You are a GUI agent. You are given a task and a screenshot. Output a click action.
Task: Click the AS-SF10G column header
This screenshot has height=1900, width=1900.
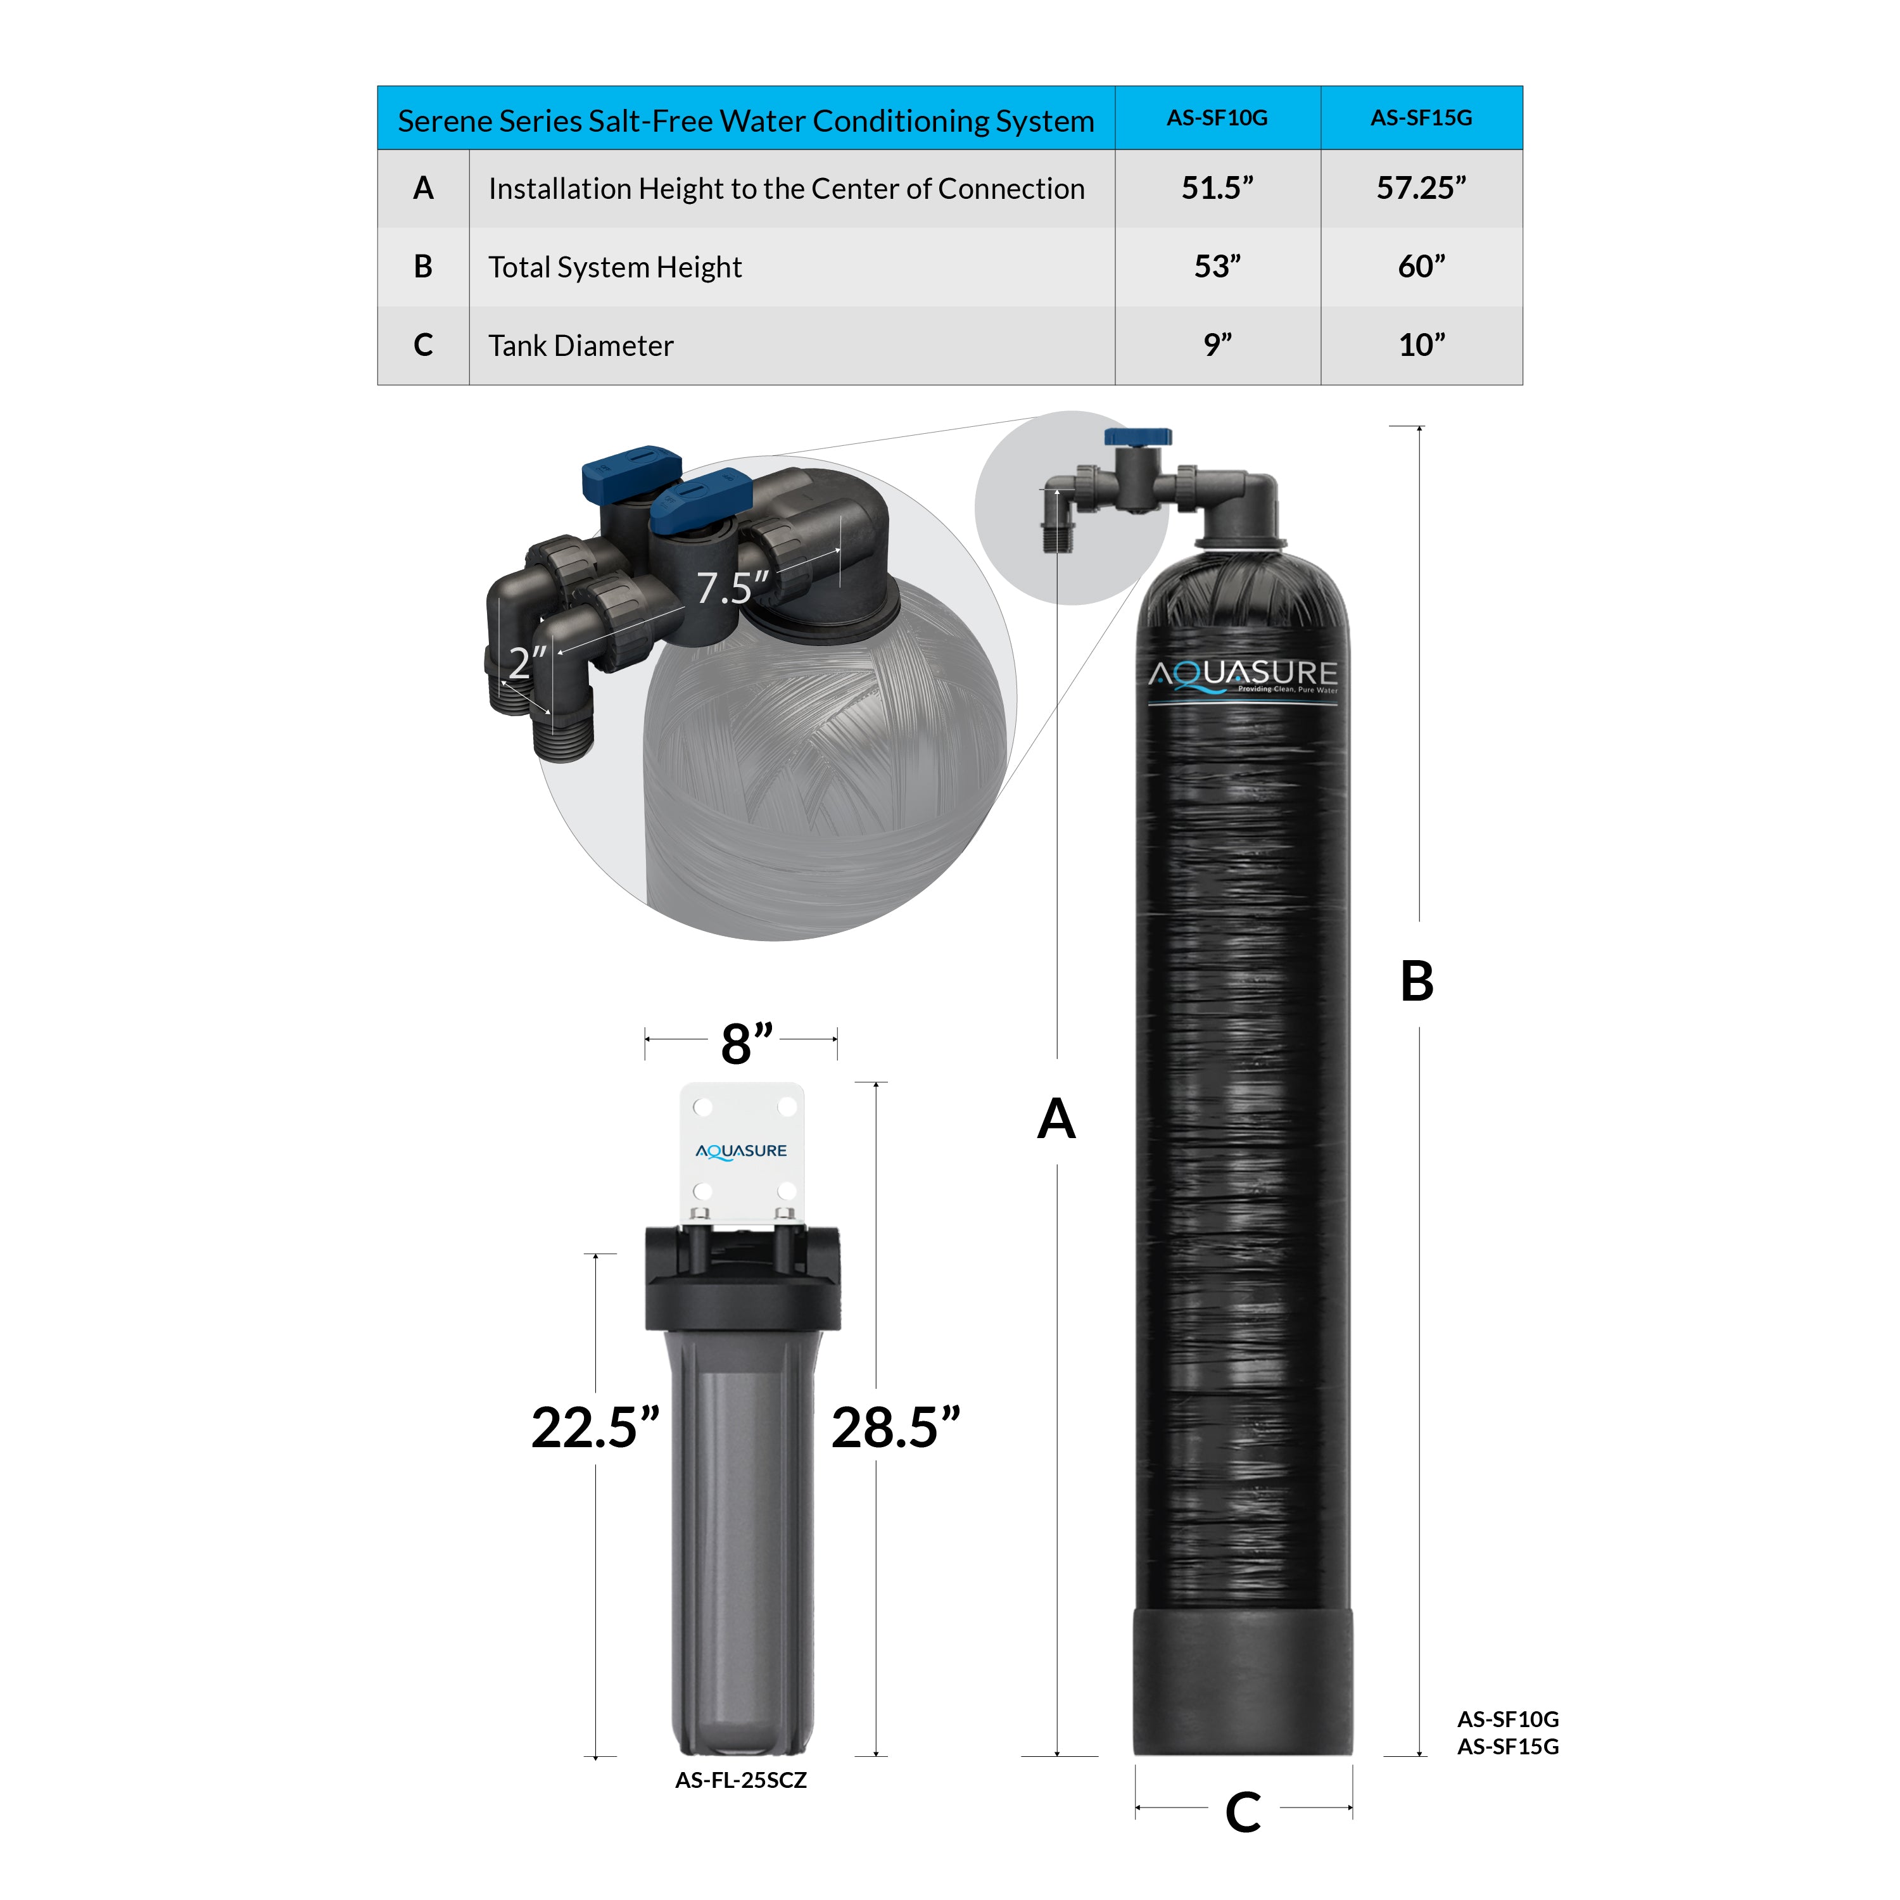tap(1217, 118)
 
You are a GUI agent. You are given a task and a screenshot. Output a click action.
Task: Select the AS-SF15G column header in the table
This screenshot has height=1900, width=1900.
tap(1421, 118)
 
